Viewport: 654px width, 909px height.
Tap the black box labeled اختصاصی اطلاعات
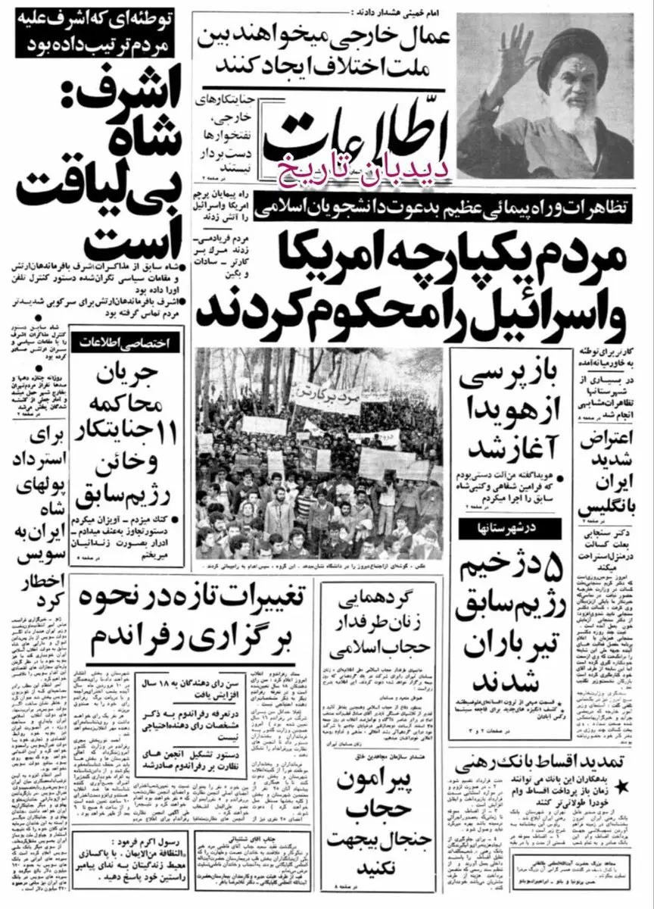[x=132, y=344]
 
